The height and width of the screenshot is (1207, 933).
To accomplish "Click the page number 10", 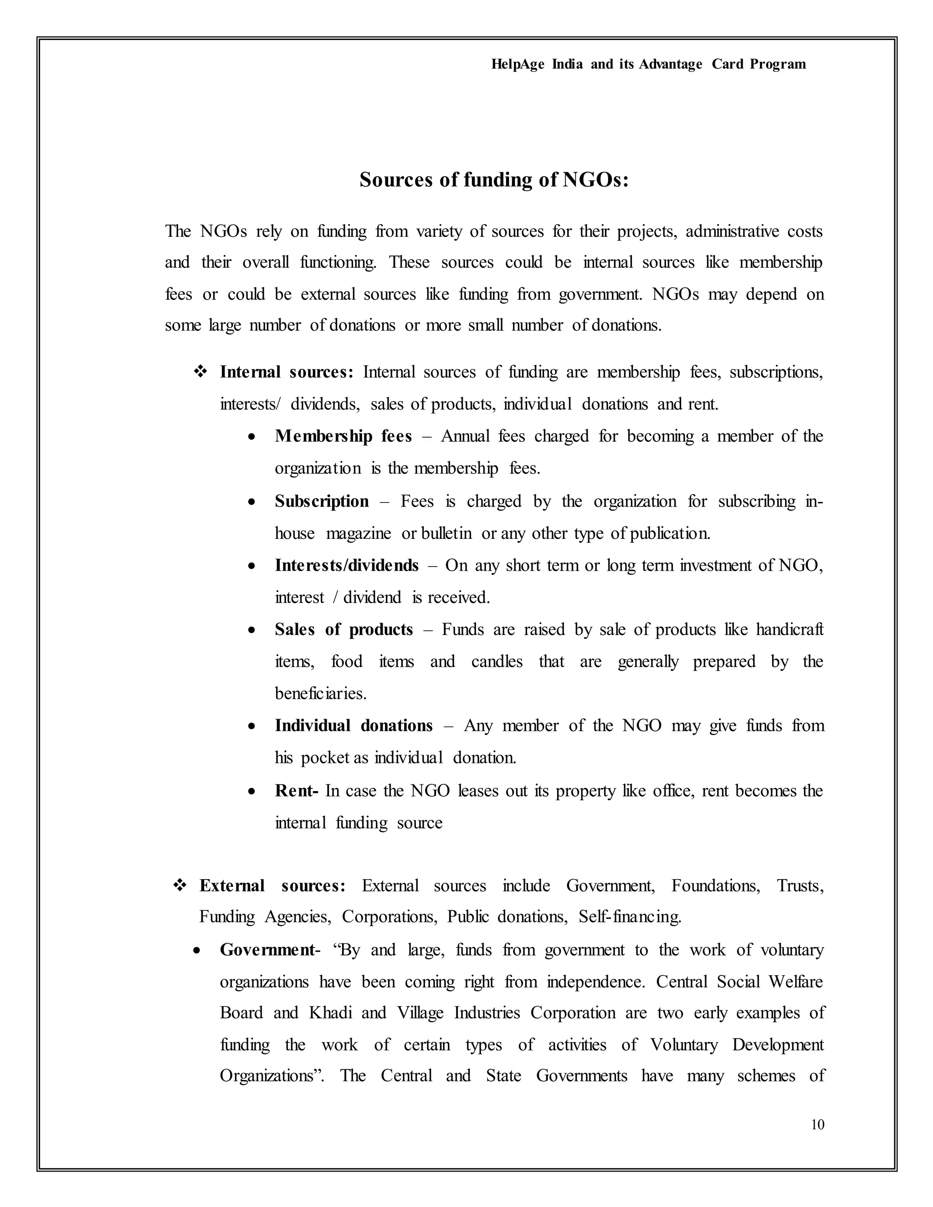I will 817,1124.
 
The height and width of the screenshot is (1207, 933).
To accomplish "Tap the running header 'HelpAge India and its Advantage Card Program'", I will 648,64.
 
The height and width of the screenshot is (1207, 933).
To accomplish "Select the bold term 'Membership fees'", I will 343,437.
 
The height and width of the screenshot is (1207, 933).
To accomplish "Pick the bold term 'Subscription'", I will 322,501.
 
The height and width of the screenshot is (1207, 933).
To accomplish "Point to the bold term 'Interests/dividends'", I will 347,565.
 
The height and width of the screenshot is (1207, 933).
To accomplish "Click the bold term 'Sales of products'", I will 344,629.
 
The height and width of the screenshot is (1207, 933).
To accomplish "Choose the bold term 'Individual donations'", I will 354,726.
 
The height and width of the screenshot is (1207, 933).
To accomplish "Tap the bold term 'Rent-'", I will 296,791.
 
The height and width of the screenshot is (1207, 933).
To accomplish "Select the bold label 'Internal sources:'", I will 286,373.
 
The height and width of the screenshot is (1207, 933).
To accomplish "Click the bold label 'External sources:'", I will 272,886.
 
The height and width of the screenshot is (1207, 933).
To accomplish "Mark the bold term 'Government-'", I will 270,950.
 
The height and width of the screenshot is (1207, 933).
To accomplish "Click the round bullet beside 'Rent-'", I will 251,792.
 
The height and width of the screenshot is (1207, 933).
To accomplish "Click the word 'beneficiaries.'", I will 321,694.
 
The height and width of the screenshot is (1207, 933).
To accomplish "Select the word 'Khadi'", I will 330,1013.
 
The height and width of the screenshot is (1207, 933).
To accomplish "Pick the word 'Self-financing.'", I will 630,917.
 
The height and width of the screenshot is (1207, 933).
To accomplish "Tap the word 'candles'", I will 497,661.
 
